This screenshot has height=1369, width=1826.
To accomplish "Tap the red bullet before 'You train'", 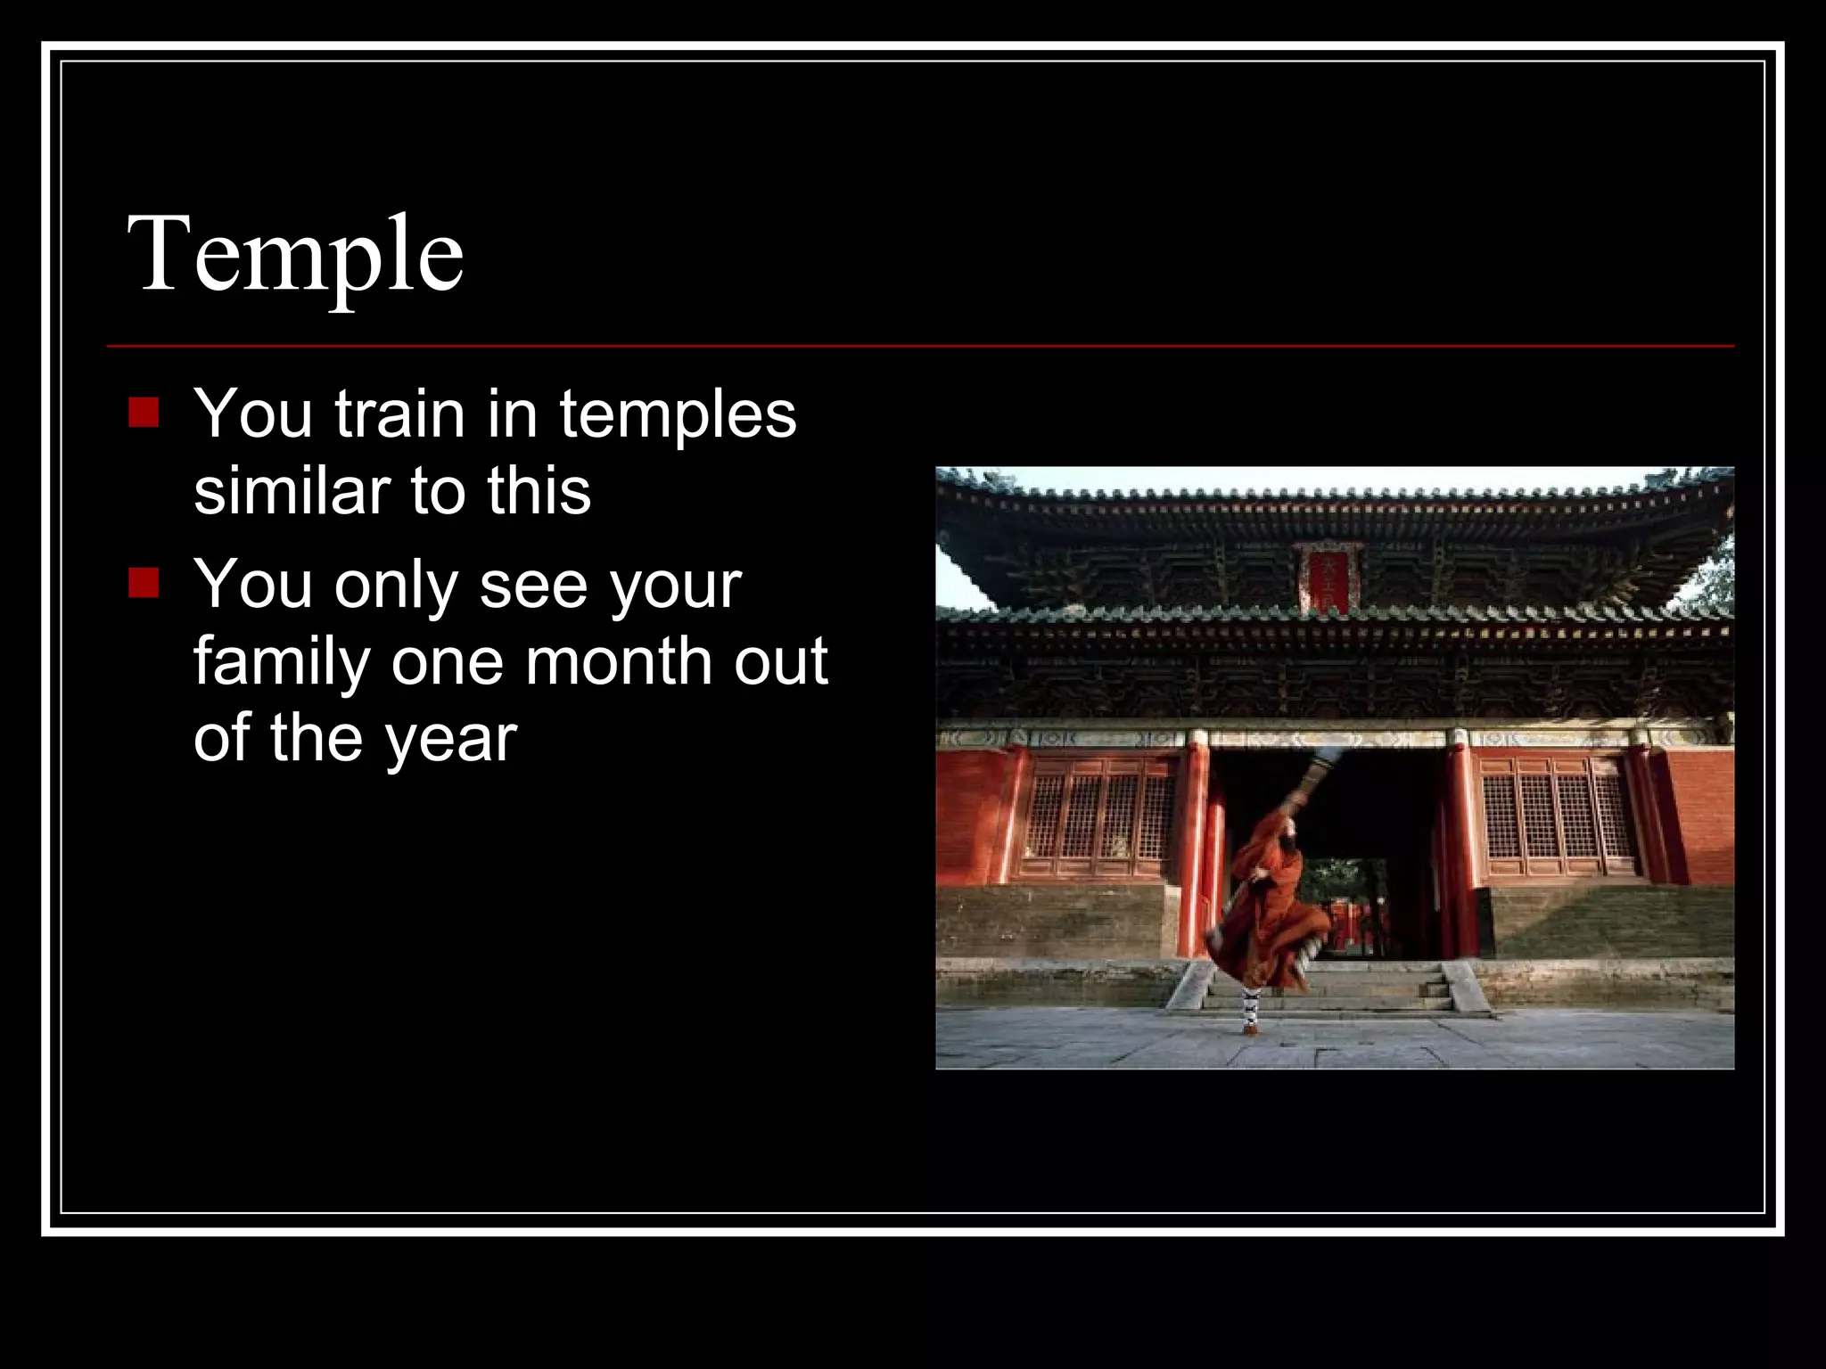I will pos(144,413).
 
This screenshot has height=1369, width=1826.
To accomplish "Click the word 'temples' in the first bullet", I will pos(678,415).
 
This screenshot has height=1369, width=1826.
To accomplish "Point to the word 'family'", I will pos(282,663).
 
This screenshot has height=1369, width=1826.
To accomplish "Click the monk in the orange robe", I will pos(1266,900).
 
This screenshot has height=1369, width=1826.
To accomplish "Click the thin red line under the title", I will pos(918,346).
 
